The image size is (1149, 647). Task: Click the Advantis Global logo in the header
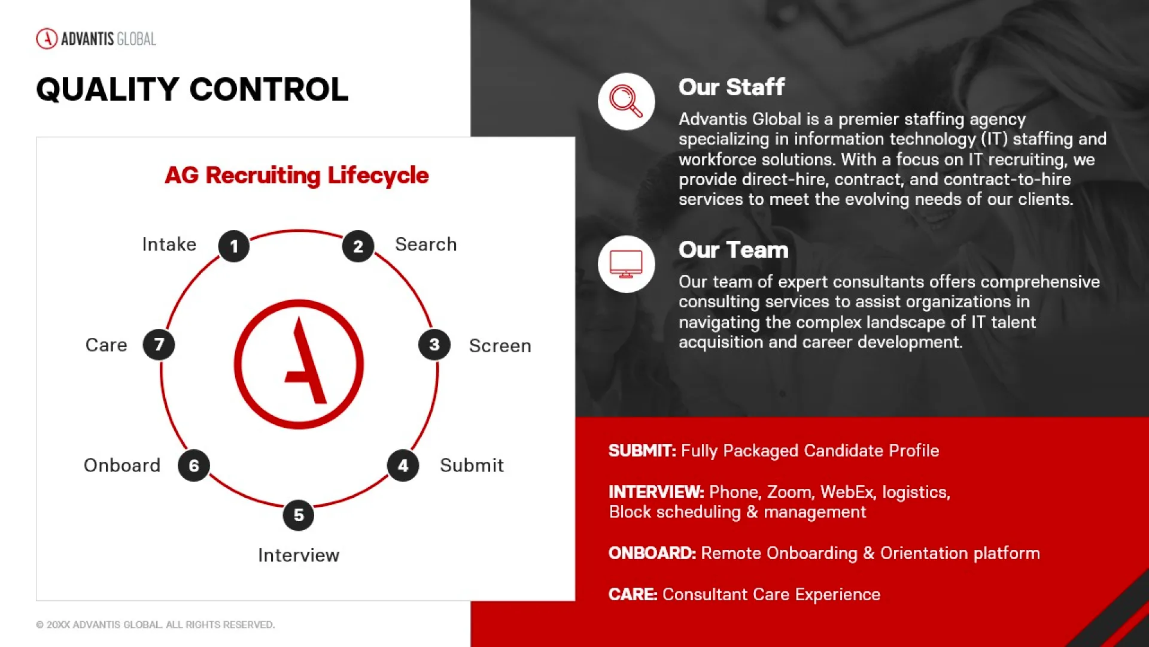[x=96, y=39]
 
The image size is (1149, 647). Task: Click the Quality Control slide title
[x=192, y=89]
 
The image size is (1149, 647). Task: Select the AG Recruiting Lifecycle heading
[x=297, y=176]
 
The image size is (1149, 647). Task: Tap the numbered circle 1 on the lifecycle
[x=234, y=246]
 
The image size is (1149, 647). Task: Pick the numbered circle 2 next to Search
[x=358, y=246]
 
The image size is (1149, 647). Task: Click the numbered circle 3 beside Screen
[x=434, y=344]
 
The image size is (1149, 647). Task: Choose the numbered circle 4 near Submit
[x=403, y=465]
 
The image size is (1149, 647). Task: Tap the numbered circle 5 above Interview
[x=299, y=515]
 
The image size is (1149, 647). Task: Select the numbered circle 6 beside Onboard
[x=194, y=465]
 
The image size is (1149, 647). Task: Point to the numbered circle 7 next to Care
[x=159, y=344]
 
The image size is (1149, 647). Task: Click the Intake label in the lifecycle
[x=169, y=244]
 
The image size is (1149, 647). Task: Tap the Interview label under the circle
[x=299, y=555]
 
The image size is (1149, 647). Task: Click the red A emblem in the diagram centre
[x=299, y=364]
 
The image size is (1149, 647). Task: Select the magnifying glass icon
[x=626, y=101]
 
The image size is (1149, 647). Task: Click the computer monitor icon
[x=626, y=264]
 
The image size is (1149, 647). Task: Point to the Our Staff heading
[x=731, y=87]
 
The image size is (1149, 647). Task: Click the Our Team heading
[x=734, y=250]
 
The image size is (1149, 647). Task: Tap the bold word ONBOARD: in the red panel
[x=652, y=553]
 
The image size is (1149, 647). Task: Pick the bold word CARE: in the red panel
[x=633, y=594]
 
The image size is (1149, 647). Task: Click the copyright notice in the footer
[x=155, y=625]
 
